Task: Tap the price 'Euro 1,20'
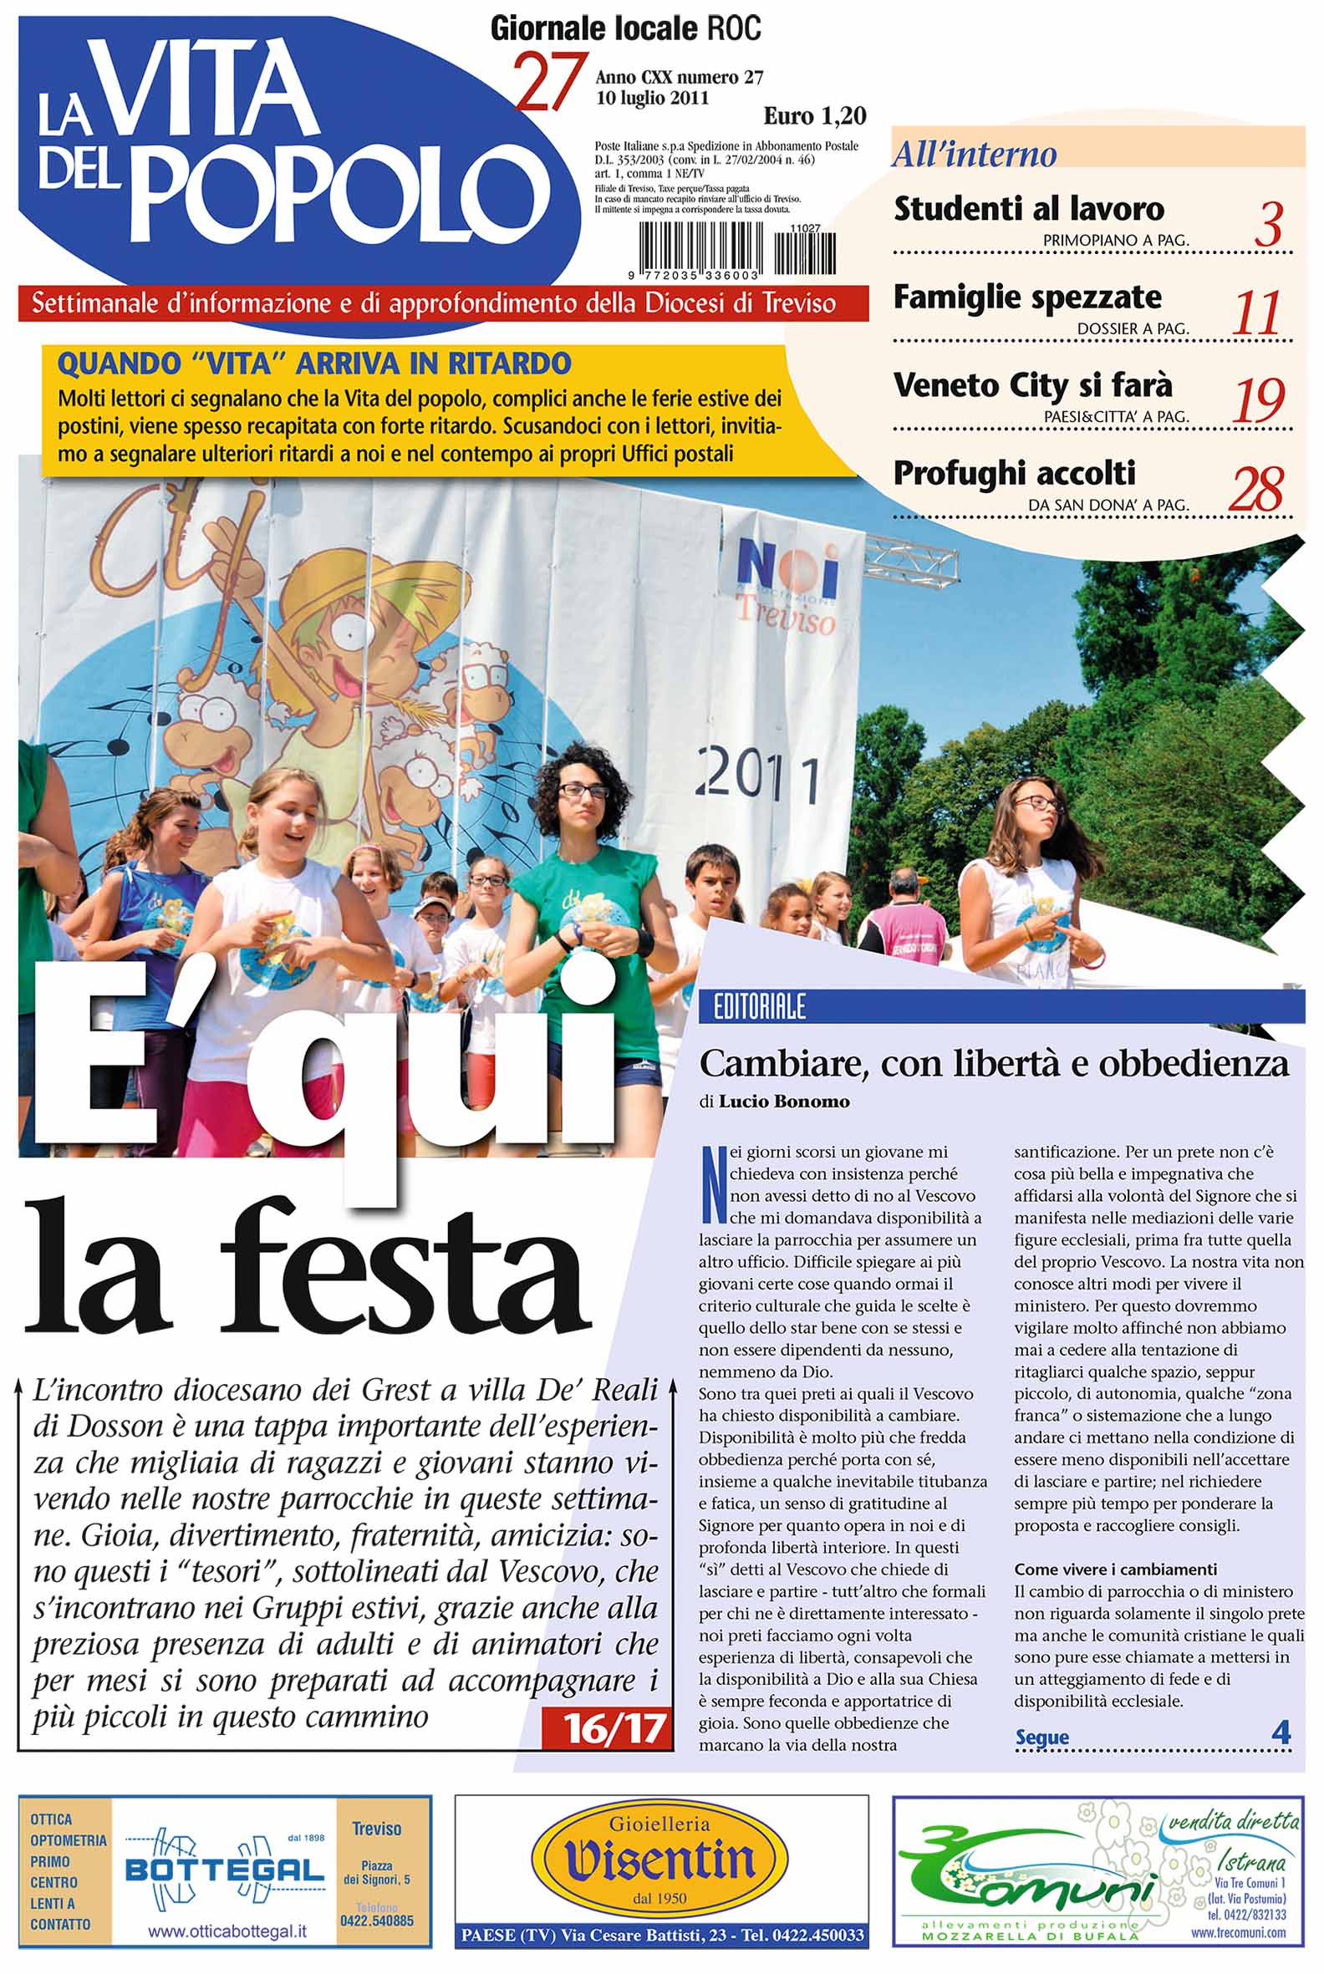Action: [x=814, y=115]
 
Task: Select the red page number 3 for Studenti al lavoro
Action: [x=1268, y=226]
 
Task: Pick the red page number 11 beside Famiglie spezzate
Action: [x=1257, y=313]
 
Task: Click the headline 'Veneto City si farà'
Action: [x=1032, y=385]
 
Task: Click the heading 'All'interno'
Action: [x=975, y=155]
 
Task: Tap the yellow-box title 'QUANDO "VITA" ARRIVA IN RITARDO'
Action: [x=314, y=364]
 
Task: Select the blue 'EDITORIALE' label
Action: [x=760, y=1005]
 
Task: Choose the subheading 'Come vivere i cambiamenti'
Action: [x=1115, y=1570]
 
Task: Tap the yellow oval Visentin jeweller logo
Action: [x=661, y=1861]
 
